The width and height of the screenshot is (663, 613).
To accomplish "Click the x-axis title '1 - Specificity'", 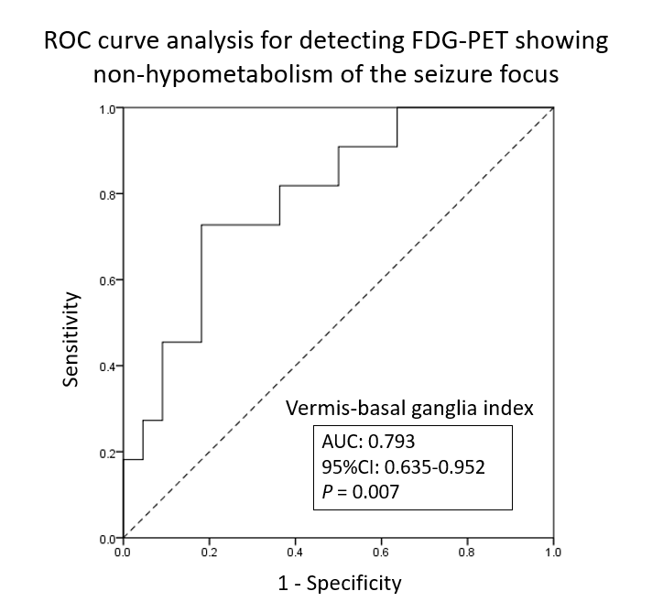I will tap(339, 582).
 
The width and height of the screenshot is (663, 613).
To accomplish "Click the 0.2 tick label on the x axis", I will tap(209, 553).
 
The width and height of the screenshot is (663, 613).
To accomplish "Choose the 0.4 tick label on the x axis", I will tap(295, 553).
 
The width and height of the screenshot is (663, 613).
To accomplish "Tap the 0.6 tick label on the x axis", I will tap(381, 553).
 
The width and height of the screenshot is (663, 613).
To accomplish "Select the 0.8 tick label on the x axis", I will tap(467, 553).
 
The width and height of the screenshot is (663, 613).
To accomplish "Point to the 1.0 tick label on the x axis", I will tap(553, 553).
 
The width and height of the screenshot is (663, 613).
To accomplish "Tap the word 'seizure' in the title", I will tap(445, 74).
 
